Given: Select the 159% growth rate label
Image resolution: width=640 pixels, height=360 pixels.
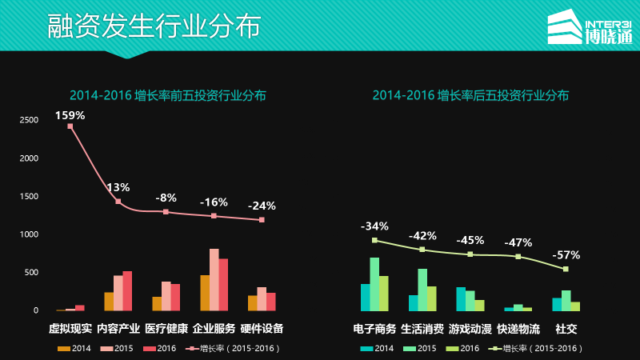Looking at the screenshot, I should [70, 115].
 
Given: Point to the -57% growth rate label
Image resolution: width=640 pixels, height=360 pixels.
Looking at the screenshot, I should [566, 255].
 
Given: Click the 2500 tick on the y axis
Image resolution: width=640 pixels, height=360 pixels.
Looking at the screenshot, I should [29, 120].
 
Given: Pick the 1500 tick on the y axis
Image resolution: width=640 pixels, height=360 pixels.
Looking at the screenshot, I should [29, 196].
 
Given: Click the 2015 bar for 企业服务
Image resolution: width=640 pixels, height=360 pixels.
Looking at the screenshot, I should [214, 279].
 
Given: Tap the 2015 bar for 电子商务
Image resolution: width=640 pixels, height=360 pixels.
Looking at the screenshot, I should [374, 283].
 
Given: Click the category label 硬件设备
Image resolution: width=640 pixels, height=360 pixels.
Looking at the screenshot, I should [262, 329].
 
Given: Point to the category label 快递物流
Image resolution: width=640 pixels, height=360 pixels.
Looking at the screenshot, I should [518, 329].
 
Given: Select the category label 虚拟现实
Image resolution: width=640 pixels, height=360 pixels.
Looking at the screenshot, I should [70, 329].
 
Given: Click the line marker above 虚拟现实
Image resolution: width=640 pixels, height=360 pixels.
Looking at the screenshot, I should [70, 126].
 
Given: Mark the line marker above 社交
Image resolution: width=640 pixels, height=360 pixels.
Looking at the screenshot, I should [566, 269].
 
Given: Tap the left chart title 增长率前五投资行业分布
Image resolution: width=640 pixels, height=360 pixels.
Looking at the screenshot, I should [167, 95].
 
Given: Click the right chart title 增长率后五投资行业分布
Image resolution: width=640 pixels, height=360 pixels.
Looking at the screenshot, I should [470, 95].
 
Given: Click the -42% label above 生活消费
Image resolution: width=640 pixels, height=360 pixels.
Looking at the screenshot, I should [422, 236].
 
